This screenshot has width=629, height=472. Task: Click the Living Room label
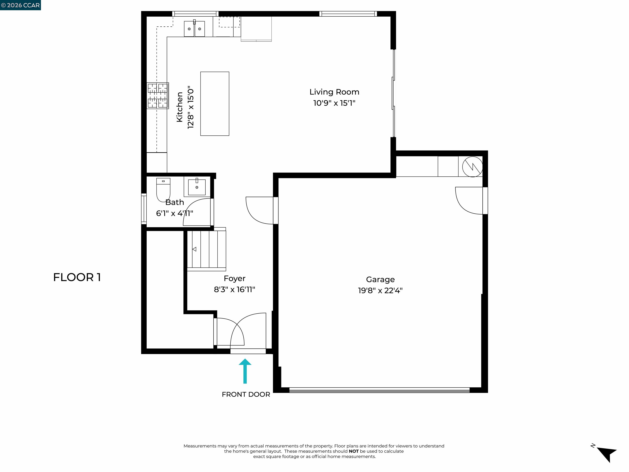pos(334,92)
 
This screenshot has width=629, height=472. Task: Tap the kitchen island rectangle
pos(215,104)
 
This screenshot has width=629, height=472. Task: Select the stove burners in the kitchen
pos(157,96)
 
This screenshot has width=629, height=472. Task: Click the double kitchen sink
pos(194,29)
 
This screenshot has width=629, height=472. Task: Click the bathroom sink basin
pos(197,187)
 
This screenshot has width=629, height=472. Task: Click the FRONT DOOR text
pos(246,394)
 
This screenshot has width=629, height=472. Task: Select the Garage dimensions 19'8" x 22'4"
pos(380,290)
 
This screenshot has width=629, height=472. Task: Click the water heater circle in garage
pos(472,167)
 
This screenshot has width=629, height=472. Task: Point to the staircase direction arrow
pos(195,249)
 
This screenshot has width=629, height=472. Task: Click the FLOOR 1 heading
pos(77,277)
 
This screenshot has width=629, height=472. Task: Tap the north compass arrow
pos(607,454)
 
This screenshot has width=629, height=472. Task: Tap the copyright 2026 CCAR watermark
pos(20,5)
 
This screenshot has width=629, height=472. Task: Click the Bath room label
pos(175,202)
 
